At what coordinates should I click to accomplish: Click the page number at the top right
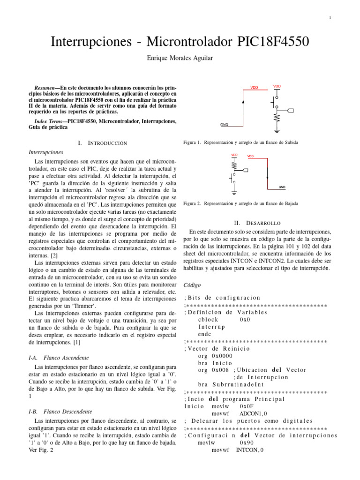(330, 18)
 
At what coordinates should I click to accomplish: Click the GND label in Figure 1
(225, 125)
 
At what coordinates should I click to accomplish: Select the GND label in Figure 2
(282, 187)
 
